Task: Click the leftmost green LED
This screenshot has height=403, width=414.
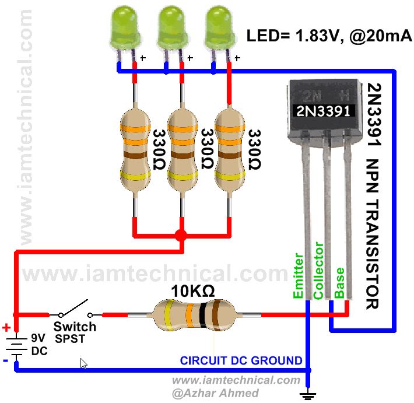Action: click(x=124, y=26)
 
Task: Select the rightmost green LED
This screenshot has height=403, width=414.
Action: click(x=220, y=26)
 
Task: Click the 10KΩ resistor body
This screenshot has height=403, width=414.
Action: click(x=192, y=315)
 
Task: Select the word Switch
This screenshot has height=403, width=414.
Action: click(x=75, y=327)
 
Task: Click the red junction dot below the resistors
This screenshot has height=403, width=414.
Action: click(x=181, y=236)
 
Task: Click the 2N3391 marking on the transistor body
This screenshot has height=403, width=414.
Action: click(x=322, y=109)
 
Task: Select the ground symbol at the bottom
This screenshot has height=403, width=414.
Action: click(x=307, y=394)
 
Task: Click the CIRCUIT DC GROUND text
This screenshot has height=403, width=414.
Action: click(x=241, y=360)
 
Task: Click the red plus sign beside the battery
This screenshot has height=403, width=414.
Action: click(x=6, y=327)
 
